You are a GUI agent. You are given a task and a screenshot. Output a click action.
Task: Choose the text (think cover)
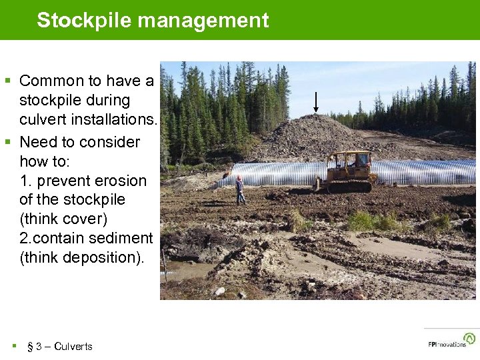pyautogui.click(x=63, y=219)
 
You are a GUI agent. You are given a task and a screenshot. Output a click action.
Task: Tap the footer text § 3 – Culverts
pyautogui.click(x=59, y=346)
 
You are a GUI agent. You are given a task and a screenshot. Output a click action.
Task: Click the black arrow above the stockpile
pyautogui.click(x=316, y=101)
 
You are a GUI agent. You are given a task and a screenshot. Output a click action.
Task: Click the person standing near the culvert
pyautogui.click(x=239, y=189)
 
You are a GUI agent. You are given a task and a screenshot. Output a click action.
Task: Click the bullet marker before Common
pyautogui.click(x=8, y=81)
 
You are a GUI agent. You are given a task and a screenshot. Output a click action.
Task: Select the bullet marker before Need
pyautogui.click(x=8, y=142)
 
